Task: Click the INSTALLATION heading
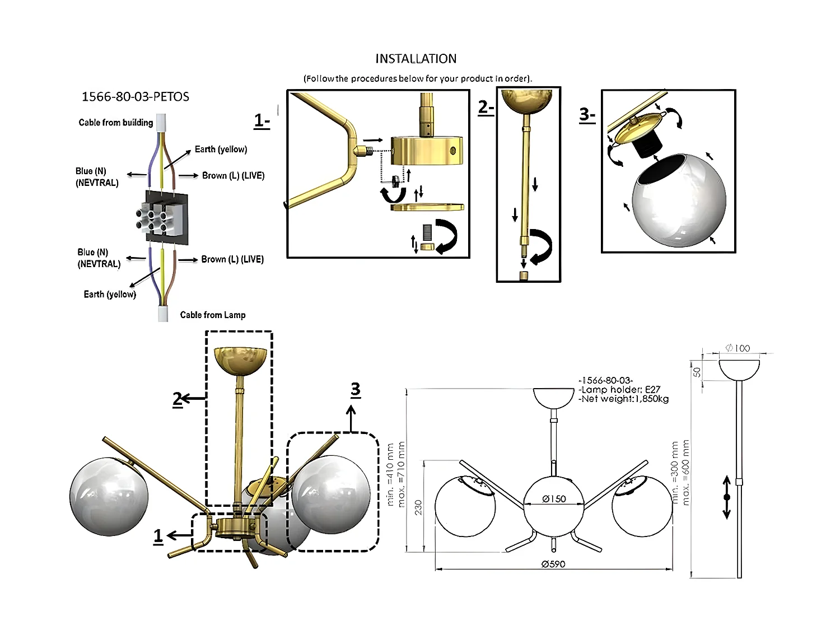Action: tap(416, 59)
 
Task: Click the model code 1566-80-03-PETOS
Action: tap(136, 97)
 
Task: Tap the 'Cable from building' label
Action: tap(115, 123)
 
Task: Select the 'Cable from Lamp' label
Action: tap(212, 315)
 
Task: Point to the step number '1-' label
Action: tap(262, 120)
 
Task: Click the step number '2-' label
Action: tap(486, 107)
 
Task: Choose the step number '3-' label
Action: tap(587, 115)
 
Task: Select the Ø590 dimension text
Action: tap(553, 564)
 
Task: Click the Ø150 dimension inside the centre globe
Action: tap(553, 499)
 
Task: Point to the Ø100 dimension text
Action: tap(738, 348)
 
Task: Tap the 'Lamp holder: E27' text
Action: tap(620, 390)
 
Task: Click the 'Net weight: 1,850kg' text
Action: tap(624, 399)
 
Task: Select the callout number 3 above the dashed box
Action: tap(355, 389)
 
